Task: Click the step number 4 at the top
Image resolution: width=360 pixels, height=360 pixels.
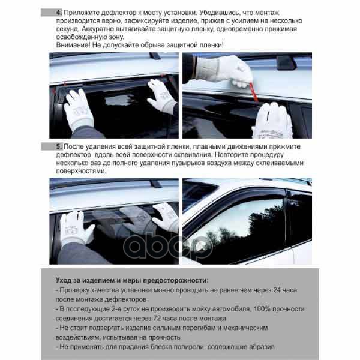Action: (59, 13)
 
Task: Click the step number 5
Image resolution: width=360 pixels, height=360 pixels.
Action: (59, 146)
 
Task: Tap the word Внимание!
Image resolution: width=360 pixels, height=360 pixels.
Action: (73, 45)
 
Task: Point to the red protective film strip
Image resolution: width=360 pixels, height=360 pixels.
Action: (254, 92)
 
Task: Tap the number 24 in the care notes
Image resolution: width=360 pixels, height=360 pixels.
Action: (277, 290)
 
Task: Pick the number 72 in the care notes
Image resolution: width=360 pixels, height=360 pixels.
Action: (157, 318)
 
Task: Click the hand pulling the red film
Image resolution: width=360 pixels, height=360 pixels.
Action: (224, 71)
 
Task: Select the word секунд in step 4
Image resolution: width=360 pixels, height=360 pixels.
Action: (68, 29)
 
